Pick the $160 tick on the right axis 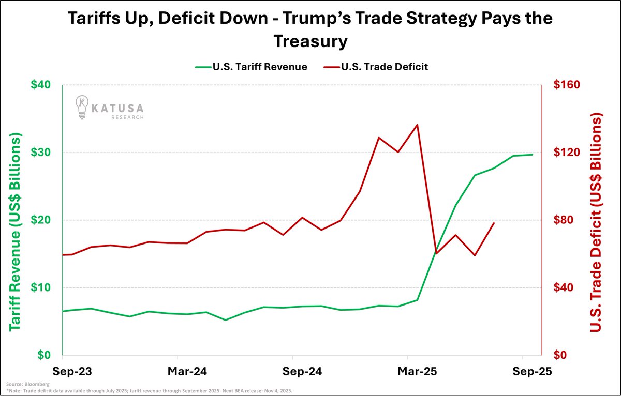pos(567,85)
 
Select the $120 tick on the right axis pos(567,153)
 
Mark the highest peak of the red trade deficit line pos(417,125)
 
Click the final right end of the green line pos(533,155)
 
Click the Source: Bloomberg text pos(22,385)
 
